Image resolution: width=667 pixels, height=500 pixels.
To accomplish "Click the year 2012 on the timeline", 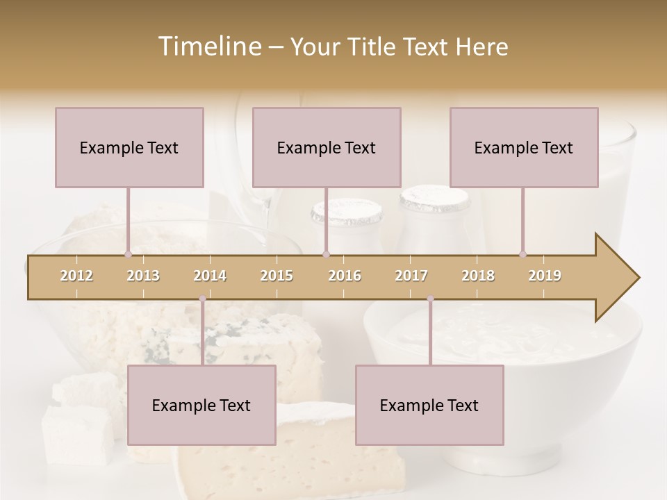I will point(76,276).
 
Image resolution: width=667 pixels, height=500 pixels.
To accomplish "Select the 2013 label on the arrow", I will point(143,276).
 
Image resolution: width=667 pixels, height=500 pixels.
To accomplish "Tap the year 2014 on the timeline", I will point(210,276).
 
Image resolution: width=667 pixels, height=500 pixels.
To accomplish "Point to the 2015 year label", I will point(277,276).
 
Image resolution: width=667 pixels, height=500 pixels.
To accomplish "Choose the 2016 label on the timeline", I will point(345,276).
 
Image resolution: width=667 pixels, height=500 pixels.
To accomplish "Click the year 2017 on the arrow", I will point(411,276).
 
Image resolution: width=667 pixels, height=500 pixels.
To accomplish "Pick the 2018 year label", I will point(478,276).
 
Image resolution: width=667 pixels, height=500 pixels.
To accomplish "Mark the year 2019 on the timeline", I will point(545,276).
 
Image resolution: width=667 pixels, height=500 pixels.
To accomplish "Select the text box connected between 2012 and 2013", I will point(129,148).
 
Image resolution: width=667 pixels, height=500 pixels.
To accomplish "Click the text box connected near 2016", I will point(327,148).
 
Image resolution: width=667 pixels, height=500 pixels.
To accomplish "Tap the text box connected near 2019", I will point(524,148).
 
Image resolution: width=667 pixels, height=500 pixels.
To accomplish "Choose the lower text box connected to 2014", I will point(201,406).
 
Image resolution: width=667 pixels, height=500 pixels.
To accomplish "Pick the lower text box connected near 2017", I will point(429,406).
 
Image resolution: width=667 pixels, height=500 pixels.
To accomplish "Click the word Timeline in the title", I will point(209,47).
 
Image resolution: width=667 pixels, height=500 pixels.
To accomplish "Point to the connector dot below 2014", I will point(202,299).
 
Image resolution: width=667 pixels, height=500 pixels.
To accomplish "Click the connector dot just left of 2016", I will point(326,254).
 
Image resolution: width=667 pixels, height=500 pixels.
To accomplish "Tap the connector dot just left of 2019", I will point(522,254).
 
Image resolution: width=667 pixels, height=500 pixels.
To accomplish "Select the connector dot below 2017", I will point(430,299).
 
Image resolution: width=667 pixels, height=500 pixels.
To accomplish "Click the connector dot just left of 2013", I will point(128,254).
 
